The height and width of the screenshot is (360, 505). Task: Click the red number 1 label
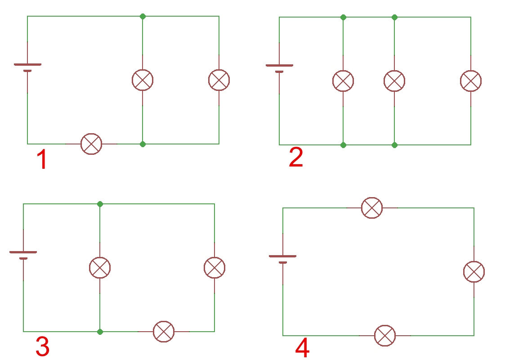(x=42, y=160)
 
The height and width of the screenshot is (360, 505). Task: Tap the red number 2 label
(x=296, y=158)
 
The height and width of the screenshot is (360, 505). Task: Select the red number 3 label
(x=42, y=346)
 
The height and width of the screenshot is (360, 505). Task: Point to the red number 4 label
(x=302, y=349)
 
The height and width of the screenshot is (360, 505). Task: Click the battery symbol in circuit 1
(x=27, y=67)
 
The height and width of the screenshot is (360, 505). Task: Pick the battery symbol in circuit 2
(x=279, y=68)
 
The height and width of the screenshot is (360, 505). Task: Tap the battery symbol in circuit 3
(x=23, y=255)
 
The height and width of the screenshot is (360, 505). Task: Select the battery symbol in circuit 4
(x=282, y=259)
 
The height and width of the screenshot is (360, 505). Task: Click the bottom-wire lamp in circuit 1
(x=91, y=144)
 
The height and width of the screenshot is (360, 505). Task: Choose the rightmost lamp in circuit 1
(x=219, y=80)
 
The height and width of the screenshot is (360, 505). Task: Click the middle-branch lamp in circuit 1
(x=143, y=80)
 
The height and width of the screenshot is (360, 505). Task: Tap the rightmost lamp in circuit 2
(x=471, y=81)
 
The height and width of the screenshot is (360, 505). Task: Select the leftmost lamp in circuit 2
(x=343, y=81)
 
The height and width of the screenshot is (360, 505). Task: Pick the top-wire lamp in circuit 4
(x=372, y=208)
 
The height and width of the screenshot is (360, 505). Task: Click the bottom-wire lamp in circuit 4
(x=385, y=336)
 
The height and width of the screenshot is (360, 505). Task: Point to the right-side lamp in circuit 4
(x=474, y=272)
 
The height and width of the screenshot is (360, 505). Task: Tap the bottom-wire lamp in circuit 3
(x=164, y=332)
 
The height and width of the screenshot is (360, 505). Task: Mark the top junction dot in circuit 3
(x=100, y=204)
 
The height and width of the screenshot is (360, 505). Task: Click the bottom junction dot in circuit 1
(x=143, y=144)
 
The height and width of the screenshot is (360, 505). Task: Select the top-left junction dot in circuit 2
(x=343, y=17)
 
